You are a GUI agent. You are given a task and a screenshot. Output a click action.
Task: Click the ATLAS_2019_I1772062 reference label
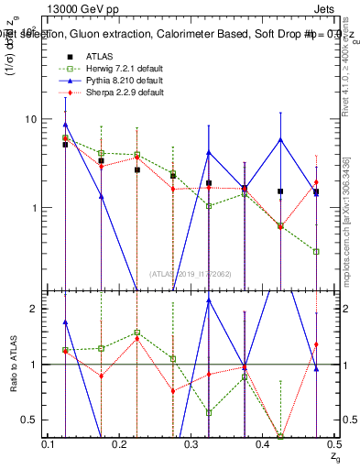pyautogui.click(x=191, y=273)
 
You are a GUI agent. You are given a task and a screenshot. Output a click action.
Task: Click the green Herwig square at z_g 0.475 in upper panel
pyautogui.click(x=316, y=251)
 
